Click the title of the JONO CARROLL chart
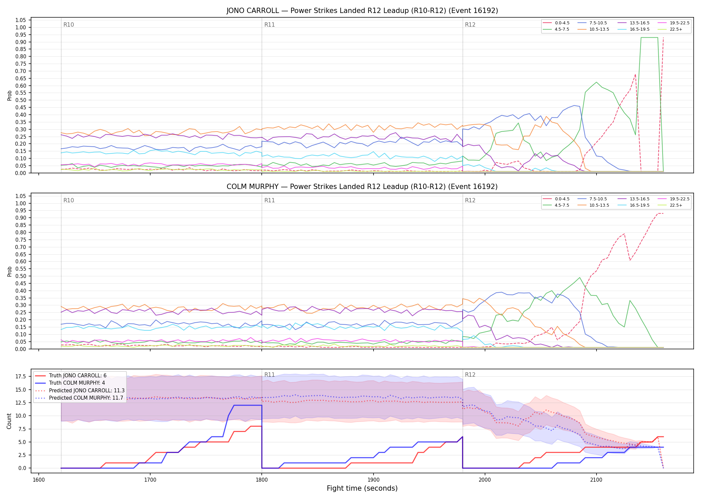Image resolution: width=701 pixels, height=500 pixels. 362,11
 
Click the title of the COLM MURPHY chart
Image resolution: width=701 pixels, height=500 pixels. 362,187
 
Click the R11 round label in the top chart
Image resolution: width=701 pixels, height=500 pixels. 269,25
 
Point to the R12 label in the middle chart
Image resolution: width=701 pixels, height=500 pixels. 470,200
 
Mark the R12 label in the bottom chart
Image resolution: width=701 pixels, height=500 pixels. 470,375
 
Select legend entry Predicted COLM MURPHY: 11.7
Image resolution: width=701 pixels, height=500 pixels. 79,398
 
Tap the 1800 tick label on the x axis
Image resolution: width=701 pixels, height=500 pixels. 262,480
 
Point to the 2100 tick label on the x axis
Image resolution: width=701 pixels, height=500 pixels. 596,480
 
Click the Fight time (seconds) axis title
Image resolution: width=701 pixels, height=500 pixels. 362,488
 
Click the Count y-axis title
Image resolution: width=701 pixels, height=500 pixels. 9,421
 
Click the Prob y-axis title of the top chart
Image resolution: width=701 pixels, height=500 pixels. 9,95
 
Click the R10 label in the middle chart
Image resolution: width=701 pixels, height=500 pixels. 69,200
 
